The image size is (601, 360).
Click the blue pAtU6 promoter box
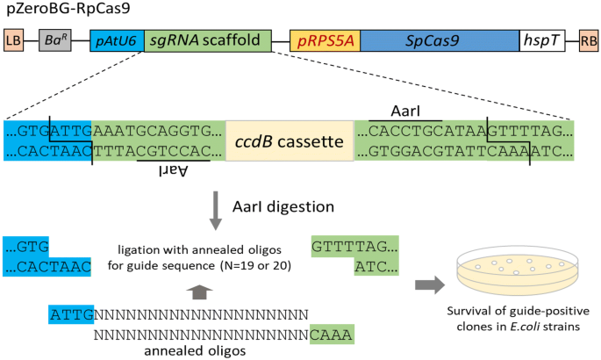pos(111,40)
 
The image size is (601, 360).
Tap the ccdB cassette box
pos(290,140)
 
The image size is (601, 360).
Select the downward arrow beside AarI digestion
pos(214,209)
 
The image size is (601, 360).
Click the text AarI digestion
pos(283,207)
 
